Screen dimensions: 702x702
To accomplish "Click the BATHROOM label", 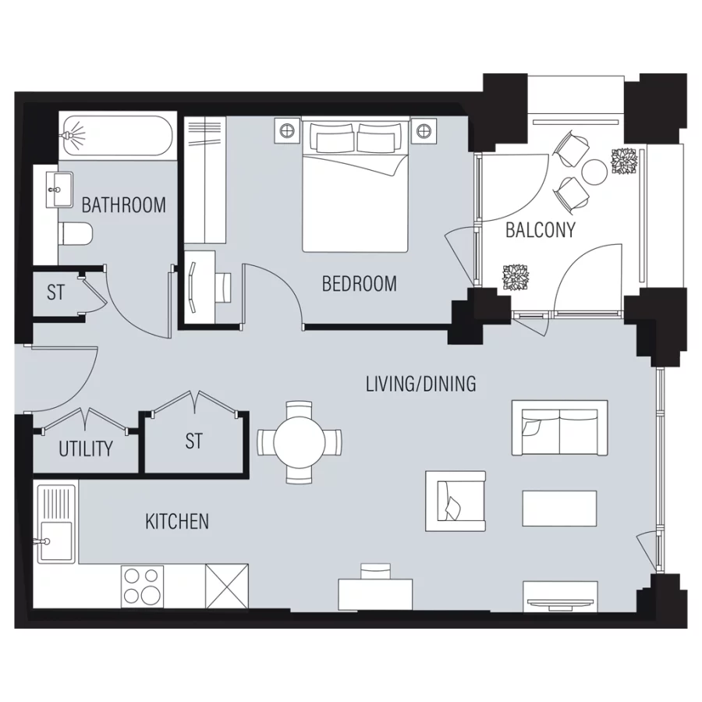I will point(123,205).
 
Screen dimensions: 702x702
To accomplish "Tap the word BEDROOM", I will point(359,283).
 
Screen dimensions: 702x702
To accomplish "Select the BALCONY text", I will point(540,230).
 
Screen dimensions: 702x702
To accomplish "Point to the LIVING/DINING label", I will point(421,384).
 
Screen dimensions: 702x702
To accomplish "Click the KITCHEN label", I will point(177,521).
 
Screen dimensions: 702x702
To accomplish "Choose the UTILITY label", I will point(86,449).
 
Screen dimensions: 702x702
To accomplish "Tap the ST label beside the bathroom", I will point(55,293).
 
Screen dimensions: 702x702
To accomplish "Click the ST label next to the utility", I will point(193,441).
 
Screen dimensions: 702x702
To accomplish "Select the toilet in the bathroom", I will point(76,233).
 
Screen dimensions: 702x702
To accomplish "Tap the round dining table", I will point(300,441).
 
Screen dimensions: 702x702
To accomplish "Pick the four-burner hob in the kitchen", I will point(142,586).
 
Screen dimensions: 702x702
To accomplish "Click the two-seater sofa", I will point(558,428).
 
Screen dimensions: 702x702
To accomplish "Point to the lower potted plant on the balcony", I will point(516,278).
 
